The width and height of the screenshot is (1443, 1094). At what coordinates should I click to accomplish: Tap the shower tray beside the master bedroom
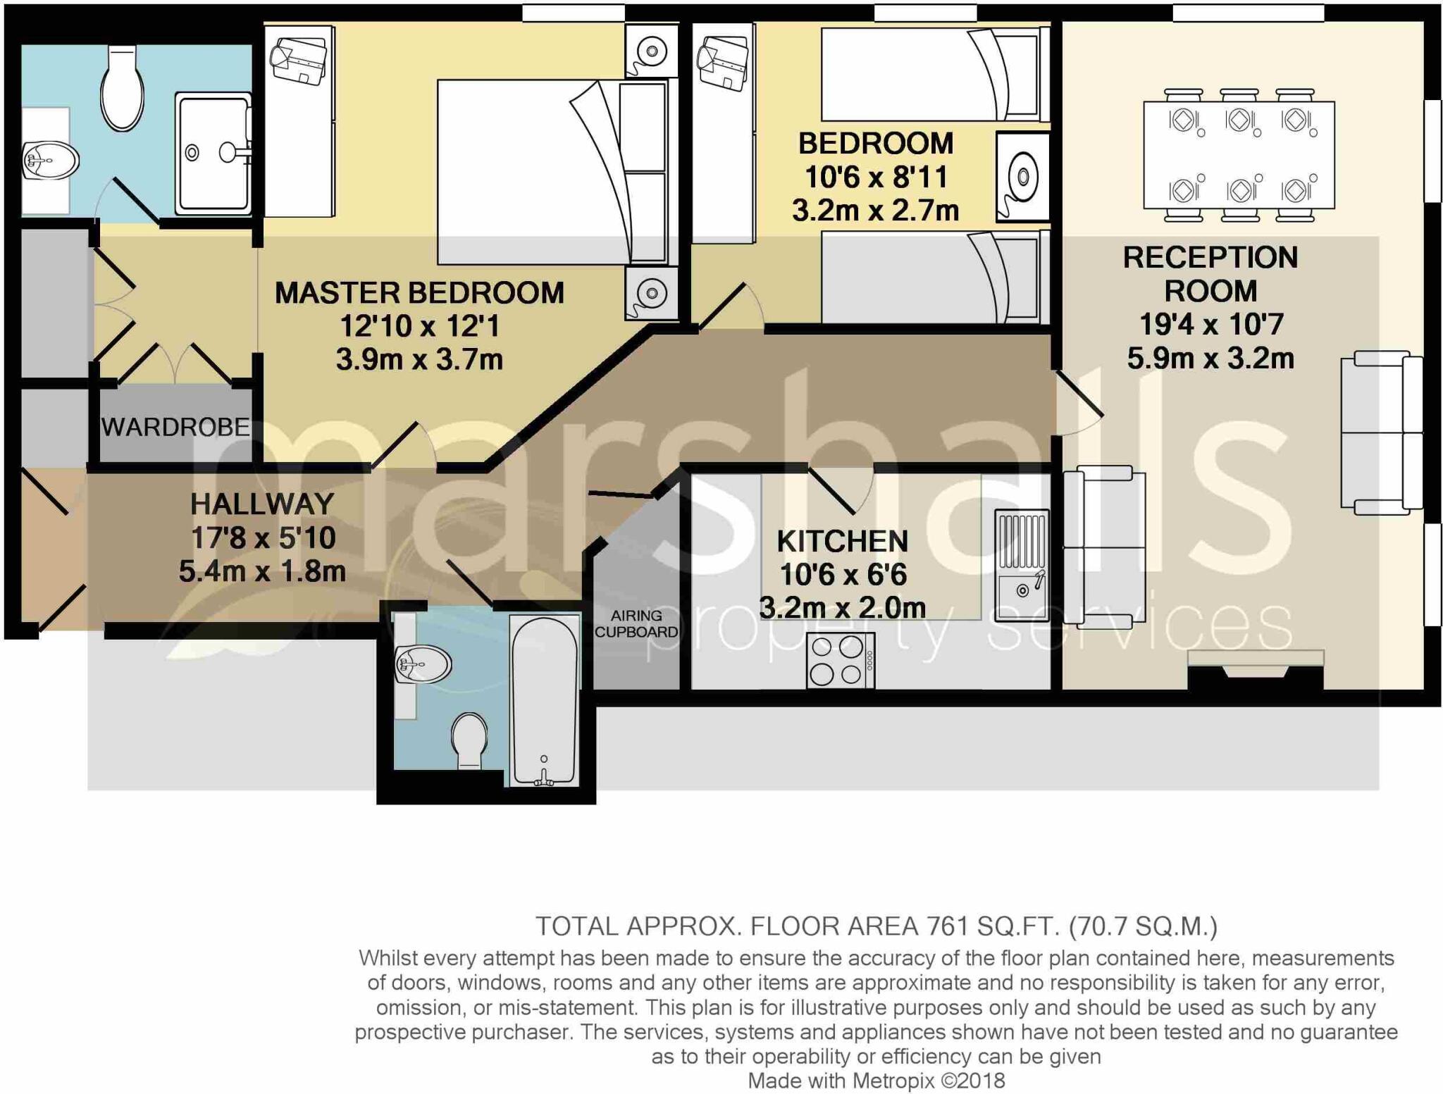tap(213, 153)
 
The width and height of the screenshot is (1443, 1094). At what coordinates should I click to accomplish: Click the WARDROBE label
tap(175, 428)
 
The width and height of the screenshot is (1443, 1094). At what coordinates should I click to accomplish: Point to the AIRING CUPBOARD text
tap(636, 624)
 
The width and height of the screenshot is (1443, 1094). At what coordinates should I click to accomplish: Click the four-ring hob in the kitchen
tap(840, 660)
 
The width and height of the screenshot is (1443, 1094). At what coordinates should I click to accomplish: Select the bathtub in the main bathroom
tap(543, 701)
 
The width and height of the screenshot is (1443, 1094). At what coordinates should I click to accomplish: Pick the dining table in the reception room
tap(1239, 155)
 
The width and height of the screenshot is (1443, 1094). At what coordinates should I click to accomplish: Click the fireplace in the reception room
tap(1256, 669)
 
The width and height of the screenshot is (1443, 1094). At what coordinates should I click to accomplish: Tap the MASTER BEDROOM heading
tap(419, 293)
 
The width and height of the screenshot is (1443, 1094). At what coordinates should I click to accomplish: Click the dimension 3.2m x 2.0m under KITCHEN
tap(842, 608)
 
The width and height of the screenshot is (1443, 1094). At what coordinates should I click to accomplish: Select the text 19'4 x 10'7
tap(1210, 325)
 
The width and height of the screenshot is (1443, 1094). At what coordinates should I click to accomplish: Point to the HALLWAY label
tap(262, 504)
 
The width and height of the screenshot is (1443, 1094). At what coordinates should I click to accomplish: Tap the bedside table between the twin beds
tap(1022, 177)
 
